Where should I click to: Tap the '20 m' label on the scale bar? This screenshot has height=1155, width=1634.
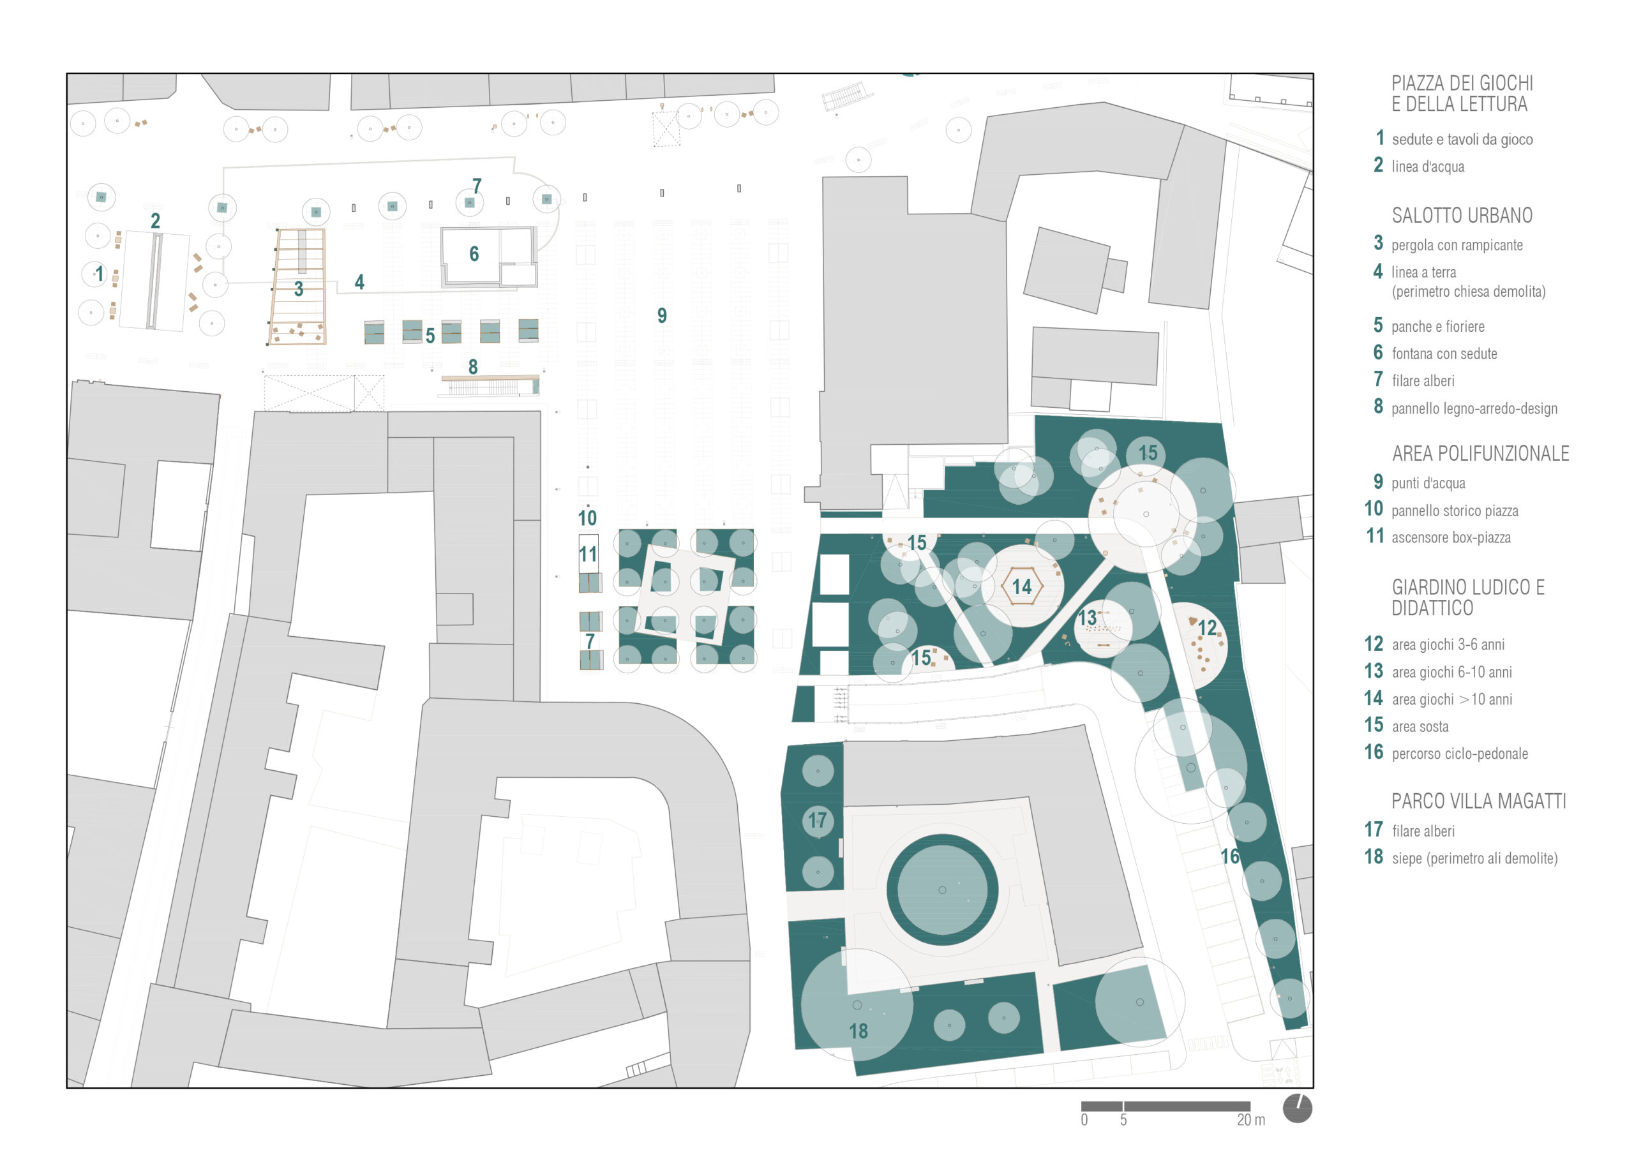pyautogui.click(x=1250, y=1120)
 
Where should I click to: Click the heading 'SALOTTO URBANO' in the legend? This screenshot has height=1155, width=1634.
pyautogui.click(x=1462, y=216)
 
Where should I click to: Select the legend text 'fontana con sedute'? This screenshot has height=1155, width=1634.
pyautogui.click(x=1444, y=354)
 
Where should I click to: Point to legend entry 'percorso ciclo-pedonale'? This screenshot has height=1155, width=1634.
pyautogui.click(x=1460, y=754)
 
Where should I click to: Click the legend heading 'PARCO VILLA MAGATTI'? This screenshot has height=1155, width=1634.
pyautogui.click(x=1479, y=801)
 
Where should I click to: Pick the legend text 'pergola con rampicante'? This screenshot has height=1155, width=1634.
pyautogui.click(x=1457, y=245)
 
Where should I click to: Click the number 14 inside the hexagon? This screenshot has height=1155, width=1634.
pyautogui.click(x=1022, y=586)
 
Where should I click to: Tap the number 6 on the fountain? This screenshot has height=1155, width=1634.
pyautogui.click(x=474, y=253)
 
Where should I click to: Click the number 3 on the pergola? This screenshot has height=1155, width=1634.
pyautogui.click(x=299, y=289)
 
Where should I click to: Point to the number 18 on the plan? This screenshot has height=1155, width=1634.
pyautogui.click(x=858, y=1031)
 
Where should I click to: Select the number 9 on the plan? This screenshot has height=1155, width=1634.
pyautogui.click(x=662, y=315)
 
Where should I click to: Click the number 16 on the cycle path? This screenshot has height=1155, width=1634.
pyautogui.click(x=1231, y=856)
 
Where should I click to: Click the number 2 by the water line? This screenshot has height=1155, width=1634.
pyautogui.click(x=155, y=221)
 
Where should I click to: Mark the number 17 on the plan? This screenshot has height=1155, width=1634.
pyautogui.click(x=818, y=821)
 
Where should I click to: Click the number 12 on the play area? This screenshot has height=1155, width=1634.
pyautogui.click(x=1208, y=628)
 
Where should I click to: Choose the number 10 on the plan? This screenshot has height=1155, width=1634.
pyautogui.click(x=587, y=518)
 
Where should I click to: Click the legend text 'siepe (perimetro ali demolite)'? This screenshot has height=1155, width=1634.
pyautogui.click(x=1474, y=858)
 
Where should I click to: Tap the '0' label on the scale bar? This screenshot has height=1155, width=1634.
pyautogui.click(x=1084, y=1120)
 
